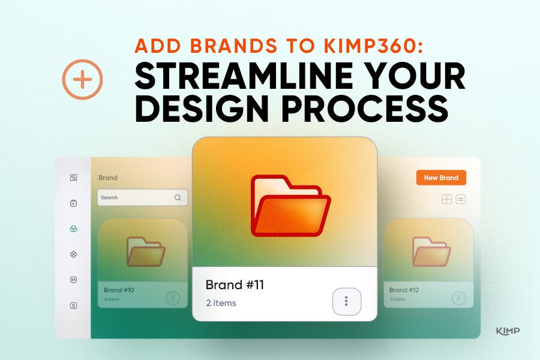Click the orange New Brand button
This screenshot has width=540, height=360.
(x=441, y=178)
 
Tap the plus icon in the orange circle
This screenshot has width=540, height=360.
(x=82, y=80)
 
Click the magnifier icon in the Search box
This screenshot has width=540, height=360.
(x=178, y=197)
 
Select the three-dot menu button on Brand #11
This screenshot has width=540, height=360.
(x=346, y=301)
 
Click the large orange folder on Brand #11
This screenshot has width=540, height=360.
(x=290, y=206)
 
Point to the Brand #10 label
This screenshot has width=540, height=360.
(x=119, y=290)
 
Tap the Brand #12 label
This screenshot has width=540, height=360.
(x=404, y=290)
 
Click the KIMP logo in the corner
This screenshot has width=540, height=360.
(x=508, y=331)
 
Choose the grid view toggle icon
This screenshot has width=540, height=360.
(x=446, y=199)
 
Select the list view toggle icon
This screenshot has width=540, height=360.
(x=461, y=199)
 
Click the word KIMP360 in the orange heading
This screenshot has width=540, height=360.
(x=373, y=46)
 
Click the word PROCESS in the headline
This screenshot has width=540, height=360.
(x=365, y=109)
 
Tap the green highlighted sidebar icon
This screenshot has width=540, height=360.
(x=73, y=229)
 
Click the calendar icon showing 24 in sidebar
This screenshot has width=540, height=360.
(x=73, y=280)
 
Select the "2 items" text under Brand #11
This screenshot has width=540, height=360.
(x=221, y=303)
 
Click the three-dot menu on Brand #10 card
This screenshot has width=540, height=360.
(x=173, y=298)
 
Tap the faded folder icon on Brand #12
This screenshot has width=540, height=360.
(x=431, y=251)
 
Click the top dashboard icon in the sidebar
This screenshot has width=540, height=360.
(x=73, y=178)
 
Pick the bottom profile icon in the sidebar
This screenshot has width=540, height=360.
(x=73, y=305)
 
